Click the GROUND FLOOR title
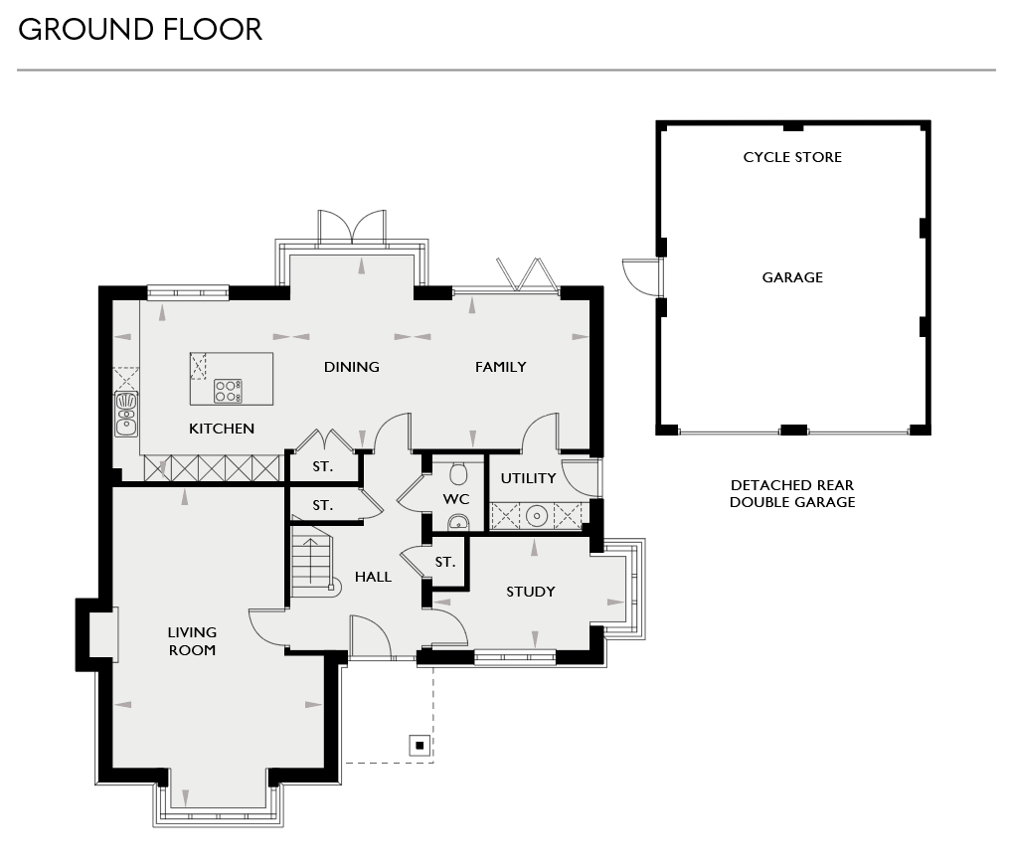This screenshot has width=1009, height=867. coord(140,30)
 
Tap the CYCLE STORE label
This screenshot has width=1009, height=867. coord(792,157)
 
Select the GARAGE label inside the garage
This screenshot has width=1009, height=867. coord(792,277)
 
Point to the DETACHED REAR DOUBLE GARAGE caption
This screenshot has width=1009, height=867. coord(792,494)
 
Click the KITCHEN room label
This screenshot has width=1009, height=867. coord(222,429)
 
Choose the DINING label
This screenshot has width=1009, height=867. coord(352,367)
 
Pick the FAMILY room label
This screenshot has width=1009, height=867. coord(500,367)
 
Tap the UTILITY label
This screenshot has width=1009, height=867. coord(528,478)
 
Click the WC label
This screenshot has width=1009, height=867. coord(456,498)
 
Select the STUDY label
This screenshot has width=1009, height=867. coord(531,592)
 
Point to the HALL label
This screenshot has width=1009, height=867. coord(373,577)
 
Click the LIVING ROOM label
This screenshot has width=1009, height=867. coord(192,641)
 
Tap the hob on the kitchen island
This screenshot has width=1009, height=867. coord(228,391)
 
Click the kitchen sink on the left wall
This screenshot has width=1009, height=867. coord(126,414)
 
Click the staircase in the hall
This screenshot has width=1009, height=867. coord(311,562)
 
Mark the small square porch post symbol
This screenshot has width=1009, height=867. coord(420,745)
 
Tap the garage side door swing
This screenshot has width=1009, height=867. coord(637,275)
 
